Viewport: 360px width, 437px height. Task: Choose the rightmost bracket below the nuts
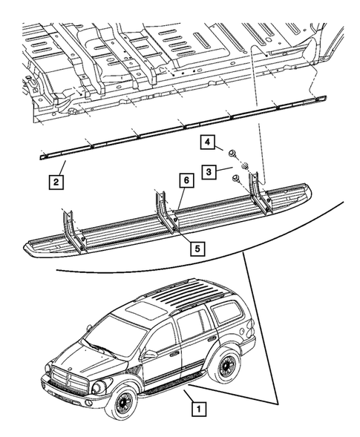click(255, 191)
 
